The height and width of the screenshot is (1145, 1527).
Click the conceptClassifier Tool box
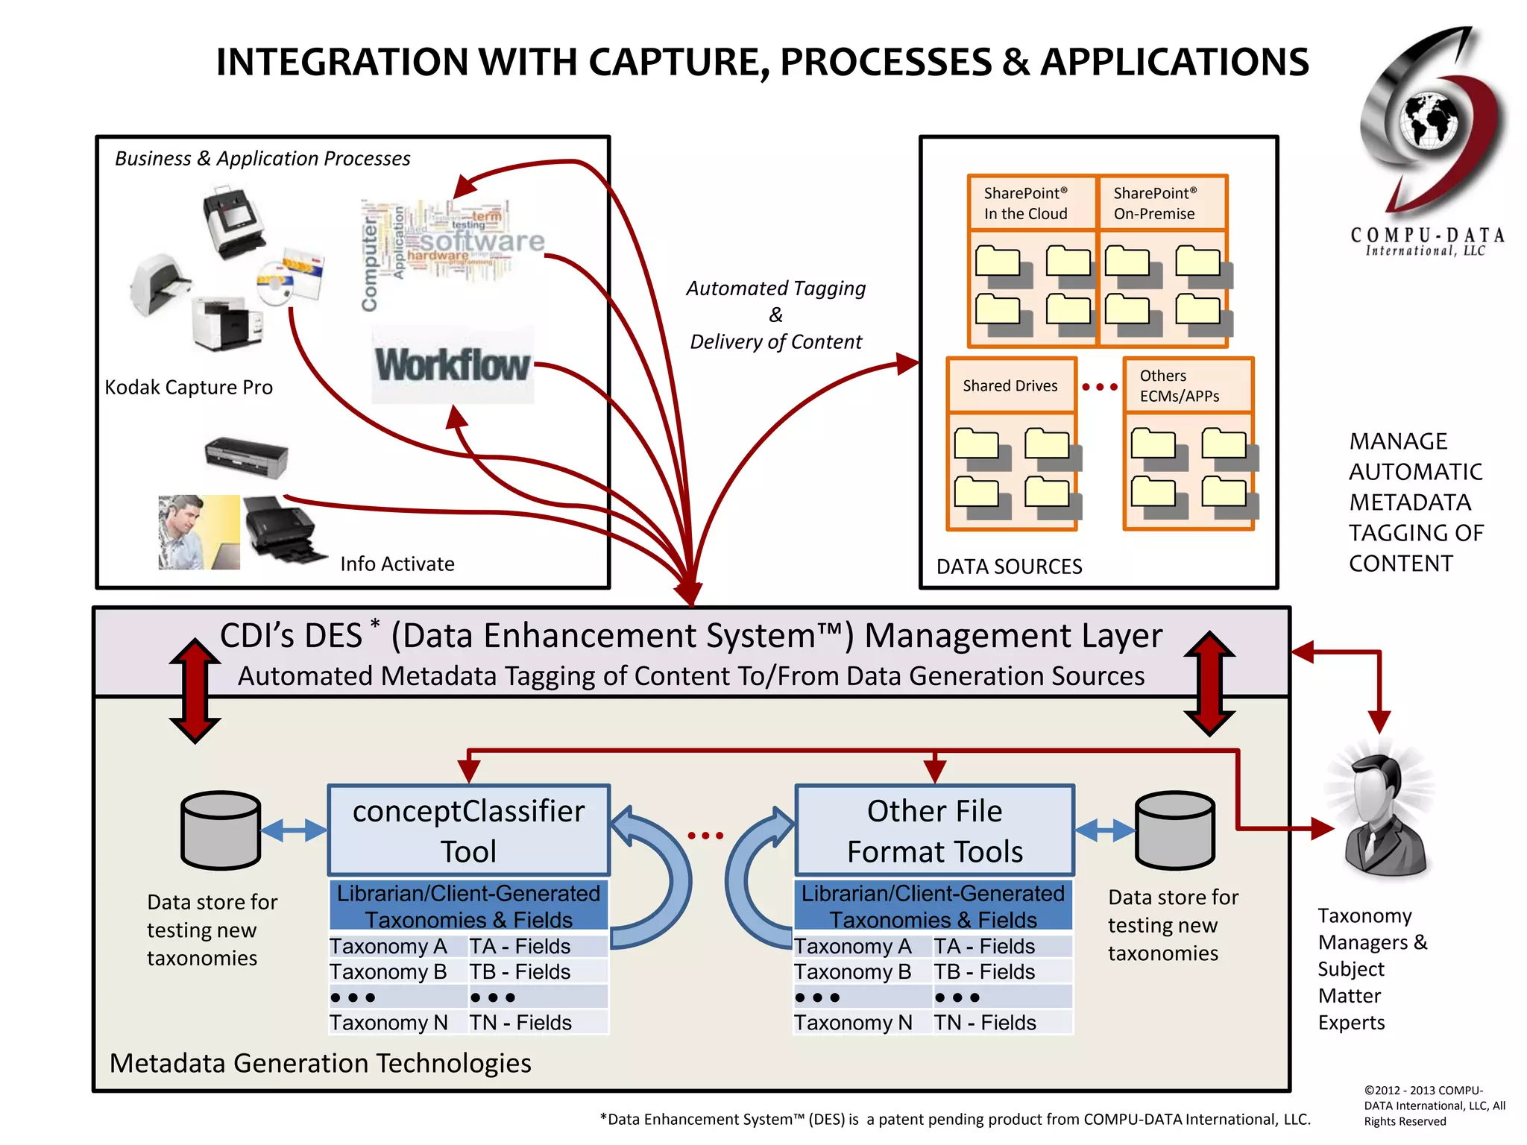tap(468, 830)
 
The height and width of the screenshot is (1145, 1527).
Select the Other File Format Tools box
tap(934, 830)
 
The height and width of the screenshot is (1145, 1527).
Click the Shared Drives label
tap(1010, 385)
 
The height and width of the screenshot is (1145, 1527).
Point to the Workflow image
tap(453, 365)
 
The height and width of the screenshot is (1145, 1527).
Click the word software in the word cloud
tap(482, 241)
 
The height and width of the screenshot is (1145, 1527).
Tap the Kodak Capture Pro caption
tap(189, 388)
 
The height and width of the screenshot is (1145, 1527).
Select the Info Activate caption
tap(397, 564)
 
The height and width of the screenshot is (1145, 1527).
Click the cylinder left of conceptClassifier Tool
tap(221, 830)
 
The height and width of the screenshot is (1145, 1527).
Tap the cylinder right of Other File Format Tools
tap(1174, 830)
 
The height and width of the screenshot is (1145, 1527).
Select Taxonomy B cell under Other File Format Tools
tap(853, 972)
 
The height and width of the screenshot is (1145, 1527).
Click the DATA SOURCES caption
tap(1009, 567)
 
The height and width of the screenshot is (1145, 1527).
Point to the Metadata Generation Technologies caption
tap(320, 1063)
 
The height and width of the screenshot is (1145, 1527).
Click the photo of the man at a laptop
tap(198, 532)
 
